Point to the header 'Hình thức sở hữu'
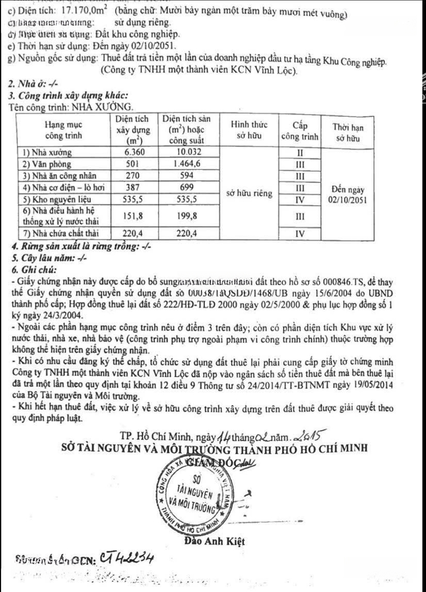(244, 132)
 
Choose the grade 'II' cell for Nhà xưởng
(300, 152)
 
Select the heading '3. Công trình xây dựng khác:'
(70, 95)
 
